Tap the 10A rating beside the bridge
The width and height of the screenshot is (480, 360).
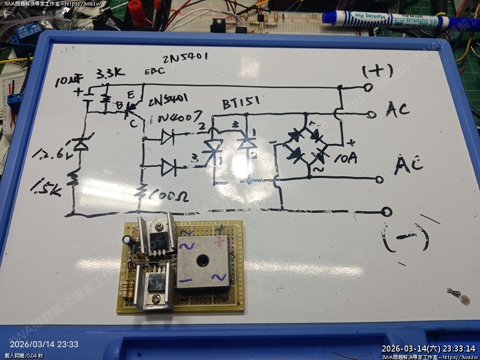point(345,158)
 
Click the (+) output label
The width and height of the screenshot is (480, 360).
point(377,71)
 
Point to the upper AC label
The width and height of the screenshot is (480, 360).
point(398,110)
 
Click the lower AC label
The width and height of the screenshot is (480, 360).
point(409,164)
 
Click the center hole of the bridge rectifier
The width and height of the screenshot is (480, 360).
point(202,259)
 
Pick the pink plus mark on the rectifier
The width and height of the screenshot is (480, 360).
point(220,242)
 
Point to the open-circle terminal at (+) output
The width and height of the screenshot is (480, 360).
point(368,87)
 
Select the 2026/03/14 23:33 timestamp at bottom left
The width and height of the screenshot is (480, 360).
point(44,344)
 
